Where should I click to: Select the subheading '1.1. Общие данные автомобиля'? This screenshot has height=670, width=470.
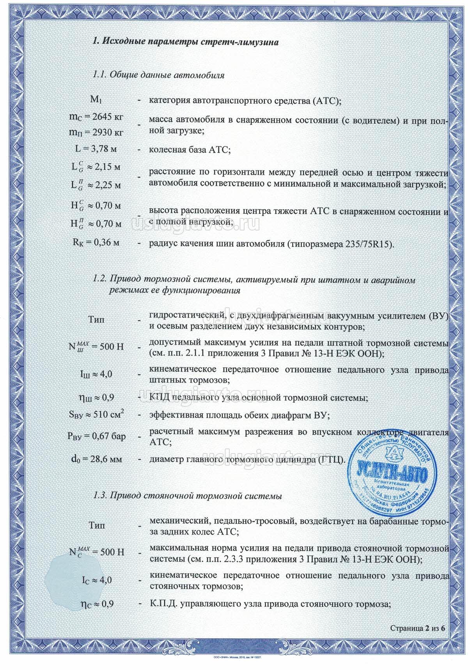pos(158,74)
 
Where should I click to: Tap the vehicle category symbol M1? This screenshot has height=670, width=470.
pos(96,99)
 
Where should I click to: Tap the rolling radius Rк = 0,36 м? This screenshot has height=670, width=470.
pos(96,242)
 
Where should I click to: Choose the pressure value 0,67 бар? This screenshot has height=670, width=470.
pos(108,436)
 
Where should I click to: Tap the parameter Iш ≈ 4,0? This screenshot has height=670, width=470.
pos(96,374)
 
